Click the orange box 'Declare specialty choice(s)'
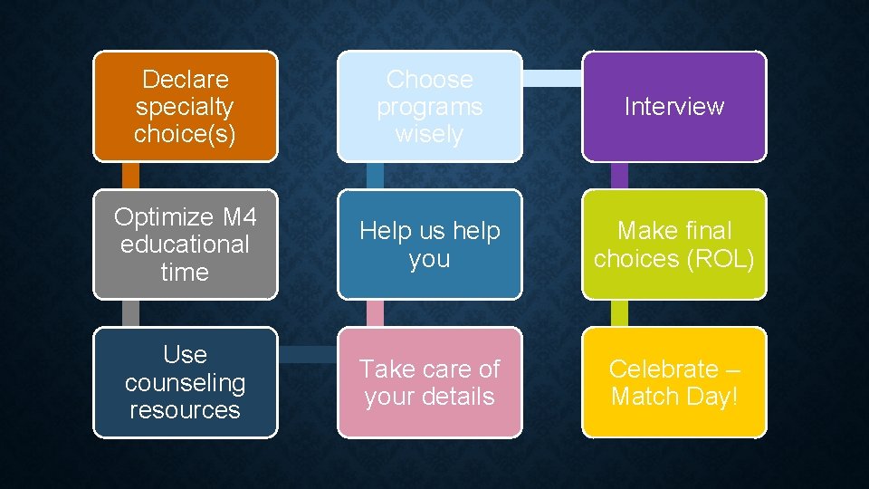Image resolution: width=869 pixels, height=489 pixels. (185, 106)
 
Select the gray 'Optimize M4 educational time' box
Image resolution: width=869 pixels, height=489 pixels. (185, 244)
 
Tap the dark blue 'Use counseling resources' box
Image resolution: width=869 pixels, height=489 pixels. (185, 382)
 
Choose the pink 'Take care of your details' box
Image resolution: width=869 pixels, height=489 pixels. (429, 382)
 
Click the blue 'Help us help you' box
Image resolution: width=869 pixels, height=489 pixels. (429, 244)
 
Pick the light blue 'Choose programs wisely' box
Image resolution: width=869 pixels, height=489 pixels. (429, 106)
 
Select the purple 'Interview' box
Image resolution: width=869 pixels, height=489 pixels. (674, 106)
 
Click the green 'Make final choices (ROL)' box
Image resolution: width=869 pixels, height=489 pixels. (674, 244)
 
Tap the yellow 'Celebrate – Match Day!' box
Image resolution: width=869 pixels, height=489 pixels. (674, 382)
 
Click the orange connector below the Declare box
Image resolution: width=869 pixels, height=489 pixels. (131, 175)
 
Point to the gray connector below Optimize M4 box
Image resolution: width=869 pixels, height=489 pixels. (131, 313)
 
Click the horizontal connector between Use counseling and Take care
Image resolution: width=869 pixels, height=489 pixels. (307, 353)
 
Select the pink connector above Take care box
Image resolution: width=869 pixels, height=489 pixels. (375, 313)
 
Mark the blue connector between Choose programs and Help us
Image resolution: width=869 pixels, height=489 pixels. (375, 175)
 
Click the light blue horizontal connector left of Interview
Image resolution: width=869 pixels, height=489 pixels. (551, 78)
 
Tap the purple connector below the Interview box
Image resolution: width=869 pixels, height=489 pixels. (619, 175)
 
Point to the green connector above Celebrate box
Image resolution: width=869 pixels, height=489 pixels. (619, 313)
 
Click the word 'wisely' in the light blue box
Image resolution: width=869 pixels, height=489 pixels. (429, 134)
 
